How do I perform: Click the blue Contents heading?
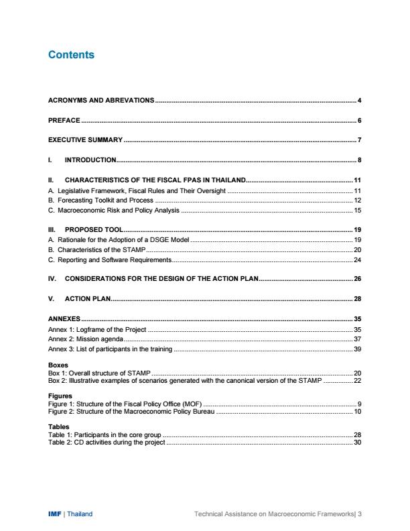72,55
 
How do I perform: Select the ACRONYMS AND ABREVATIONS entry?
101,101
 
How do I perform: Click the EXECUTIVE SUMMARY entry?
85,140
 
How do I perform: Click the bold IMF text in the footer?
55,514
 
